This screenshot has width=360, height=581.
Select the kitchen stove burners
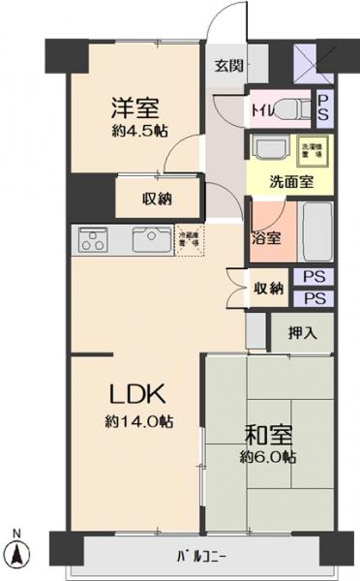point(93,238)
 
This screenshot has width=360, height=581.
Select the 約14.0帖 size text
point(139,421)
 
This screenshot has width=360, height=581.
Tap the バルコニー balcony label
point(201,556)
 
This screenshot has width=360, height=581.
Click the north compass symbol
point(18,554)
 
